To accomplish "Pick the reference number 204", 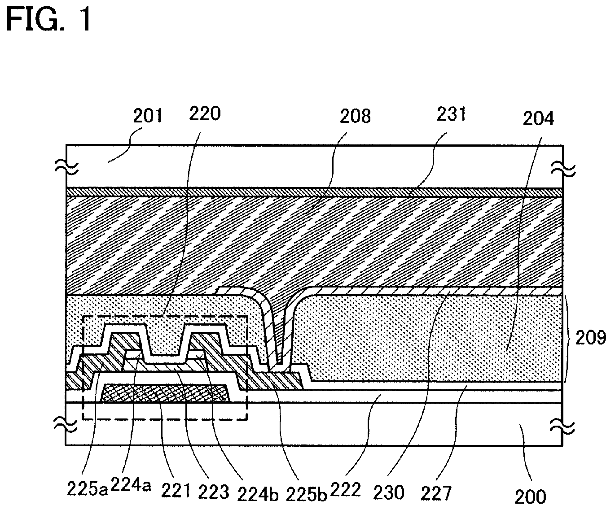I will [x=538, y=118].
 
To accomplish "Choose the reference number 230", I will [x=389, y=492].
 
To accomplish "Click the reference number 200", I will [x=531, y=496].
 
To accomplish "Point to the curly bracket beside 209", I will [x=568, y=338].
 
